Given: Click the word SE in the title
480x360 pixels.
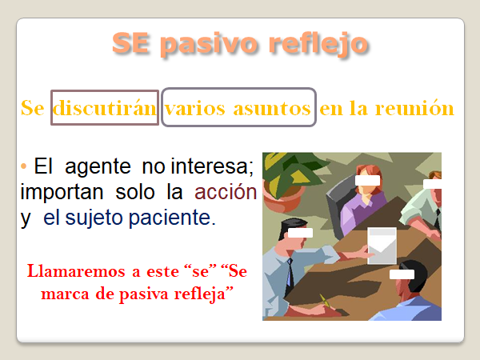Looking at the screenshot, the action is pos(130,43).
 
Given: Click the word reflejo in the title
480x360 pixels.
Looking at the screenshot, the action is pos(318,45).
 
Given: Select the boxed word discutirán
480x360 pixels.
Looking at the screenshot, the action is pos(105,108).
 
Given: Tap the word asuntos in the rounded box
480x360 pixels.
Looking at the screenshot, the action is pos(272,108).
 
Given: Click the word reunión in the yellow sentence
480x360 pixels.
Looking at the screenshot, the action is pos(414,108).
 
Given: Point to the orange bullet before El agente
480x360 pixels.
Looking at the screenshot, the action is pos(23,166).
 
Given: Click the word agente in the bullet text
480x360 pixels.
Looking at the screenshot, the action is pos(98,168).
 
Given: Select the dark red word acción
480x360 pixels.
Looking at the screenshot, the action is pos(226,192).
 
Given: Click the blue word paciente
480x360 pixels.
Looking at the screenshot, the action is pos(172,218).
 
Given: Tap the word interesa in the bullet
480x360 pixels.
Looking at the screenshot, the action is pos(212,167).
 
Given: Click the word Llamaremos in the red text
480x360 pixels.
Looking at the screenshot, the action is pos(76,271).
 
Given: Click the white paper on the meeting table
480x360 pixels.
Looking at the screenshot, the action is pos(382,246).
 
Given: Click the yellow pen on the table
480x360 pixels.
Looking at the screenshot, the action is pos(325,302).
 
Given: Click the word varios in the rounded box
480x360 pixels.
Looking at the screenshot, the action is pos(194,108).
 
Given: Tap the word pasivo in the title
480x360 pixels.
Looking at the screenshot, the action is pos(209,45).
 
